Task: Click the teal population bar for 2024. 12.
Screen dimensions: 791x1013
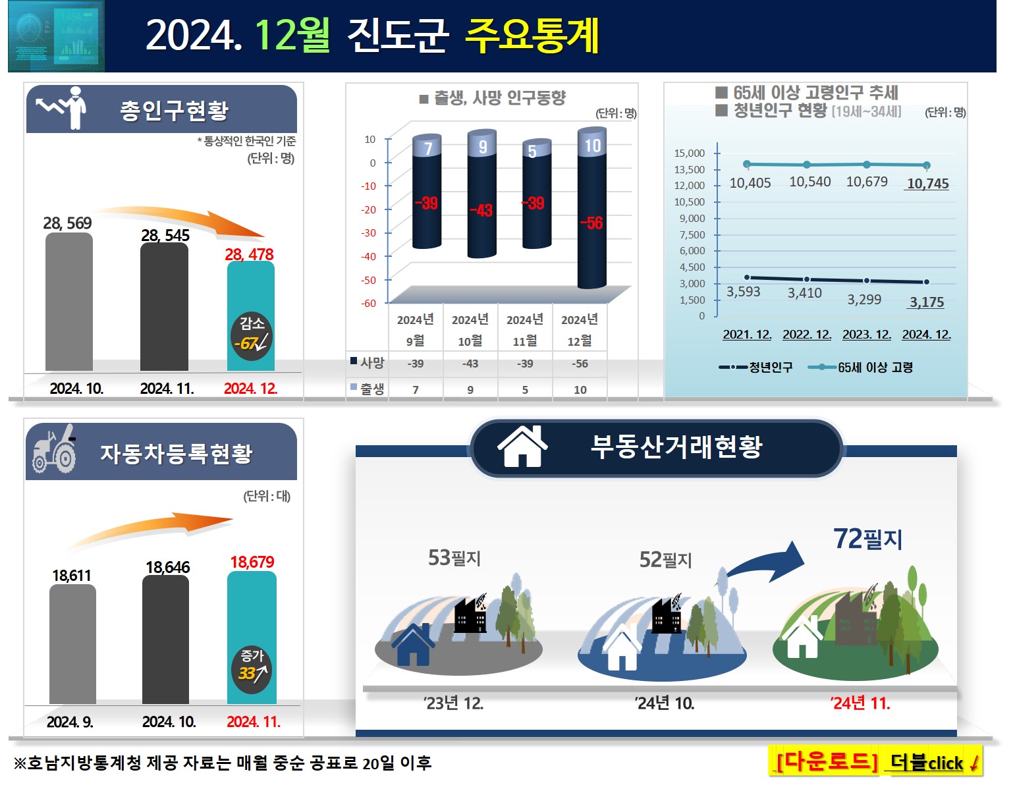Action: tap(250, 290)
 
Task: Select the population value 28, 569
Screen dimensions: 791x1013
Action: tap(67, 223)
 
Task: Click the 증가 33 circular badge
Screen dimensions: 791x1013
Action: tap(252, 668)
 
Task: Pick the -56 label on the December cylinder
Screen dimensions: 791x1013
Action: tap(591, 223)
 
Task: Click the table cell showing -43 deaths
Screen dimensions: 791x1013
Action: tap(470, 364)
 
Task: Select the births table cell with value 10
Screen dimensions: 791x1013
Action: tap(580, 390)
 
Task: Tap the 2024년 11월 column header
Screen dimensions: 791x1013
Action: tap(525, 329)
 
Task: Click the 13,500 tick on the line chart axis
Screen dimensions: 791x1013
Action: tap(689, 169)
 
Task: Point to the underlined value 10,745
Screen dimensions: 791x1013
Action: tap(927, 184)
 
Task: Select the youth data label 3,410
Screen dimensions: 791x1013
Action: tap(805, 293)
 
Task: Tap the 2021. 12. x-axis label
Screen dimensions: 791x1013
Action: tap(747, 335)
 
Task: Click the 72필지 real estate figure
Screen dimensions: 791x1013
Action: tap(867, 539)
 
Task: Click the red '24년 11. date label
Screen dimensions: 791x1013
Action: tap(860, 703)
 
